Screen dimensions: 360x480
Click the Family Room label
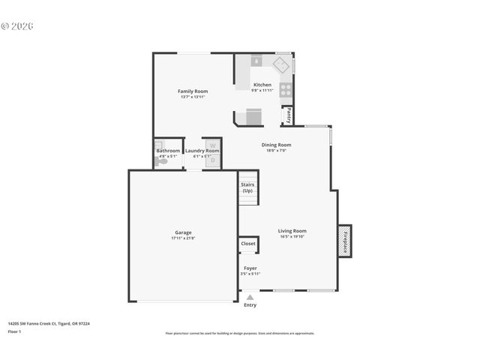(x=193, y=91)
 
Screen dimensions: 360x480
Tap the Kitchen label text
(x=262, y=85)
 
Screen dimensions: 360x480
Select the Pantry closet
(x=288, y=115)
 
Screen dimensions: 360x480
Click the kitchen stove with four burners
(x=286, y=89)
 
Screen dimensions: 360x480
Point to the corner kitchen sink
(x=282, y=64)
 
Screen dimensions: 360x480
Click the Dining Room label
(x=276, y=145)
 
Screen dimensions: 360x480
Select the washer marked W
(x=212, y=145)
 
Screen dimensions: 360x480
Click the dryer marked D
(x=212, y=160)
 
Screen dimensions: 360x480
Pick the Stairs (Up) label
(x=247, y=187)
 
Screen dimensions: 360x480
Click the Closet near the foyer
(x=247, y=244)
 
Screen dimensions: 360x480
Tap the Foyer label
(x=250, y=268)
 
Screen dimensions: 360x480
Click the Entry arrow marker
(x=250, y=298)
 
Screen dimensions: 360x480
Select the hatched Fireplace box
(x=346, y=241)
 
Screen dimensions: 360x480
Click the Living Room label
(x=292, y=231)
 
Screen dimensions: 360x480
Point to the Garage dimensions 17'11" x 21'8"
(x=183, y=238)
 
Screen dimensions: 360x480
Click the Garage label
(x=183, y=232)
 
